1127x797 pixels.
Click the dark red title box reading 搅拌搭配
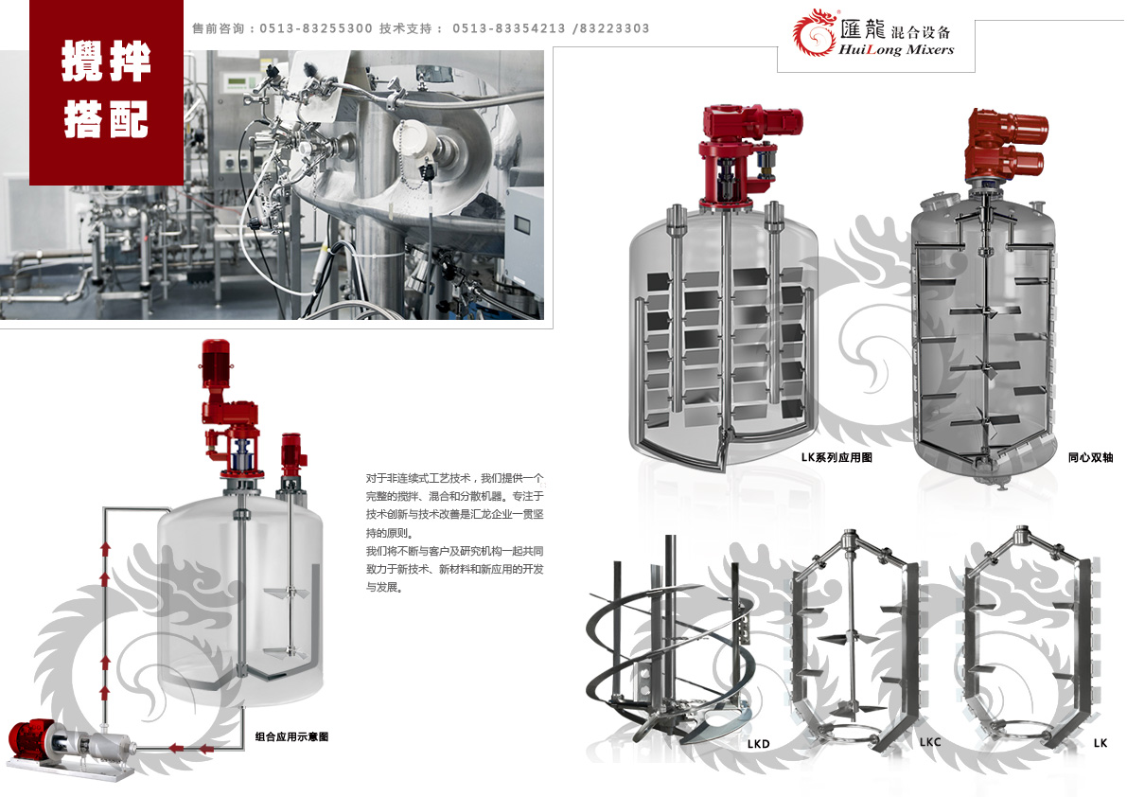(x=107, y=93)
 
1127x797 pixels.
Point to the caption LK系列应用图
(x=836, y=458)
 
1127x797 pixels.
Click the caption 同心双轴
(x=1090, y=458)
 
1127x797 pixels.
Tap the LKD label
(x=758, y=744)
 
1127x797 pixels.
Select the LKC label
(x=929, y=743)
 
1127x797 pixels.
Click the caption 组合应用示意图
(x=291, y=736)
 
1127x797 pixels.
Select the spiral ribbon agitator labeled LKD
(x=662, y=653)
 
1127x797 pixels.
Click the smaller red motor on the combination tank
(x=290, y=453)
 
